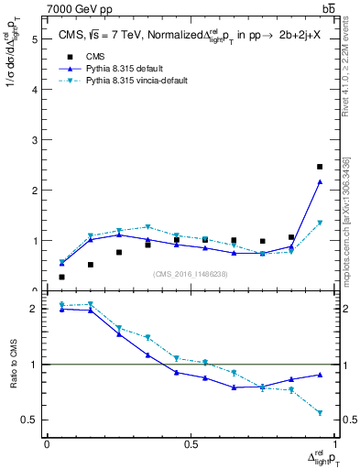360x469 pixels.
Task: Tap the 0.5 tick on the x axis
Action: point(190,444)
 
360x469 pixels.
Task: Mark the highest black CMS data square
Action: point(320,167)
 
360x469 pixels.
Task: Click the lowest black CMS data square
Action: point(61,277)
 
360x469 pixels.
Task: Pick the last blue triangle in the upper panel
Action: point(320,182)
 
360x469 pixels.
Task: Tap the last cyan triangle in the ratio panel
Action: point(320,413)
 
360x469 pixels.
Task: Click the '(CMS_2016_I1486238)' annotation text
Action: point(191,274)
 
